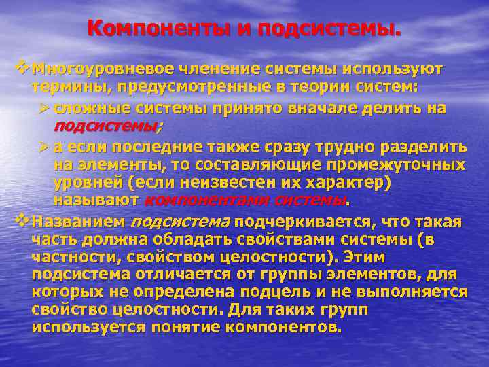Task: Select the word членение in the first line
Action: coord(219,69)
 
